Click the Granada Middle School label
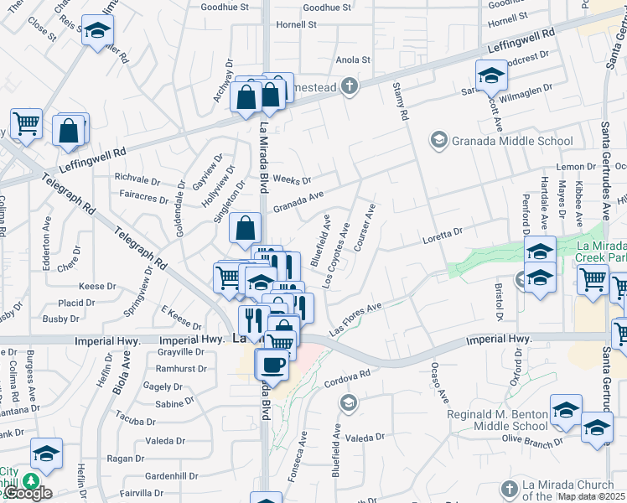(x=513, y=140)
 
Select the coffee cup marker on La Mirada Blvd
(x=272, y=366)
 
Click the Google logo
(x=28, y=493)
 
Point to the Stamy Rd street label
(x=401, y=102)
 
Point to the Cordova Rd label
(x=346, y=379)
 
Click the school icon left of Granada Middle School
(x=438, y=140)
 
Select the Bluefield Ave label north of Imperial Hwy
(x=320, y=240)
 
